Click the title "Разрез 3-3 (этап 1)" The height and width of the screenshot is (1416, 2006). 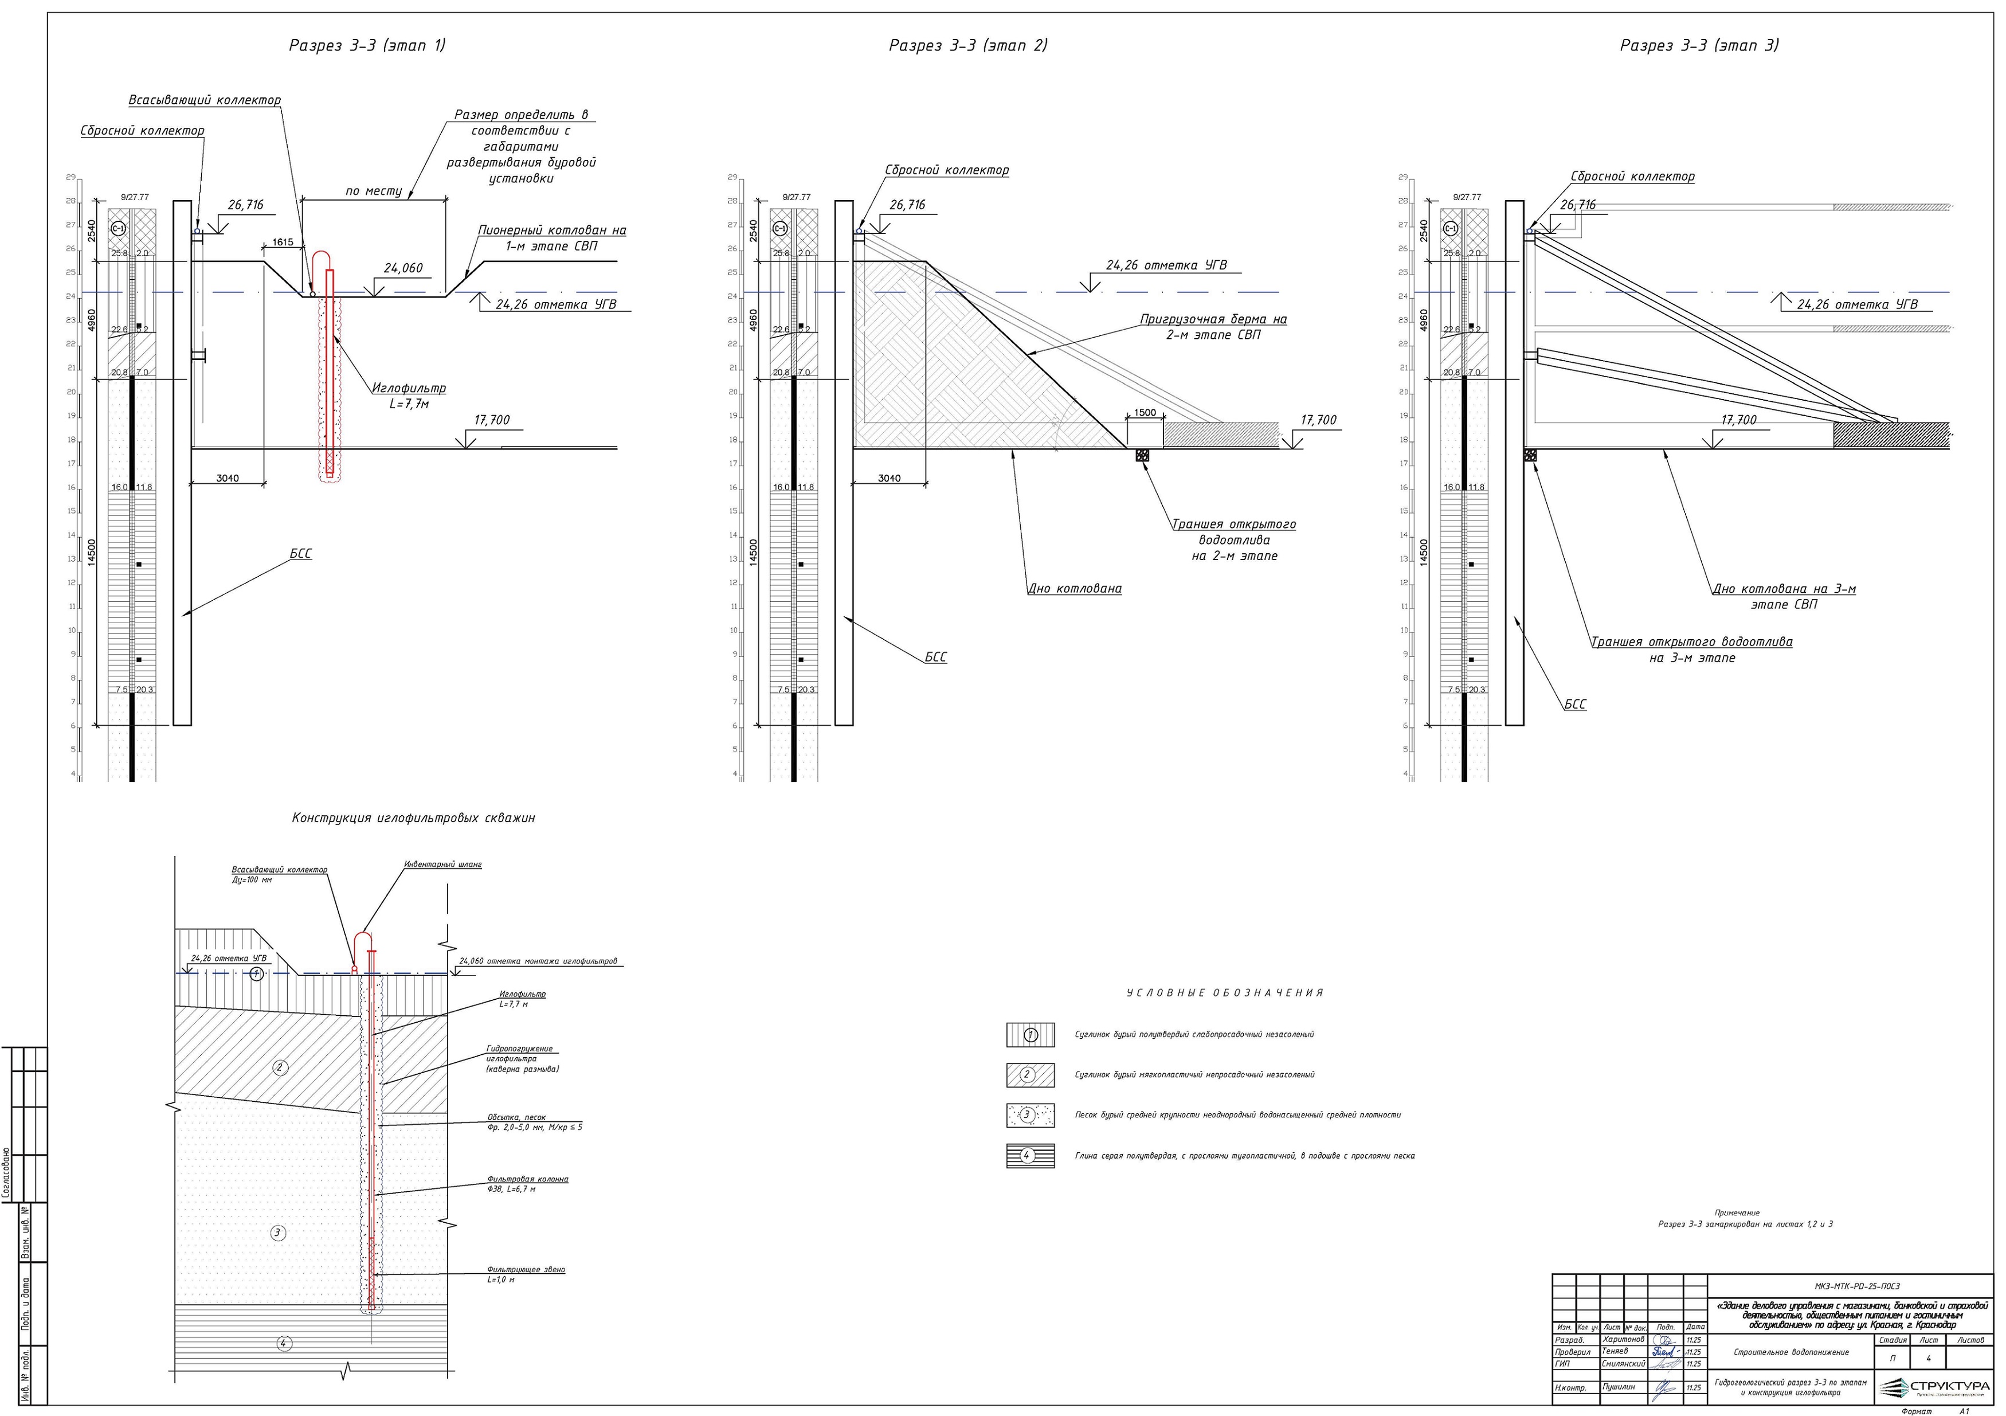pos(367,45)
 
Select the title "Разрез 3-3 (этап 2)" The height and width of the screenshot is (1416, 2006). pos(968,45)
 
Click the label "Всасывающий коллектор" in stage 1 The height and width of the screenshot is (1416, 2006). pos(205,100)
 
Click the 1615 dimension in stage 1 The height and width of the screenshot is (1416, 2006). pos(283,242)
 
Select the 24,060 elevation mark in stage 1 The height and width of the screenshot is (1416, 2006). pos(403,268)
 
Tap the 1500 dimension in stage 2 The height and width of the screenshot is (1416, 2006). pos(1145,413)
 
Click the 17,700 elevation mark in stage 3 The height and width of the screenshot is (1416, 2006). pos(1739,420)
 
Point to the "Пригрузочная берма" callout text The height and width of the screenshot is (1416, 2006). pos(1213,327)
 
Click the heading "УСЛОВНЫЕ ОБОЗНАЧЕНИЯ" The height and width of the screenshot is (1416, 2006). pos(1225,993)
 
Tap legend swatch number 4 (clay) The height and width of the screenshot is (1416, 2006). pos(1029,1156)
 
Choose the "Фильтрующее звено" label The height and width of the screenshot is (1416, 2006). pos(526,1273)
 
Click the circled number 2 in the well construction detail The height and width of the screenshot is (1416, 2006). pos(280,1066)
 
